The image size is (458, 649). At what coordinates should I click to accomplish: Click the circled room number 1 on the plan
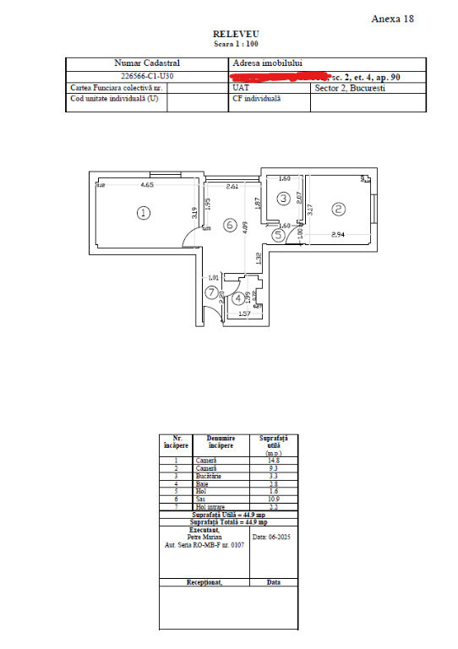coord(144,213)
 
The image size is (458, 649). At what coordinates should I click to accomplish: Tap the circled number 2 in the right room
coord(338,209)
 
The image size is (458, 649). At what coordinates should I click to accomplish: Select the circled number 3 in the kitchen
coord(284,199)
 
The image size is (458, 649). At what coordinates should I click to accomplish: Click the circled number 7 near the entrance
coord(211,292)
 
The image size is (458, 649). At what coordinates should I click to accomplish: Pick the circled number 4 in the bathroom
coord(238,297)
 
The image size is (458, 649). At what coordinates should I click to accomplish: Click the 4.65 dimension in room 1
coord(146,184)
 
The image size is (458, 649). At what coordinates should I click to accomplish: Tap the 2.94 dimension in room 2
coord(338,234)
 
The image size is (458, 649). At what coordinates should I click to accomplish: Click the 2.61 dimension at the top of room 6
coord(233,185)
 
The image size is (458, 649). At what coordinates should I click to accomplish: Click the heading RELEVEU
coord(228,35)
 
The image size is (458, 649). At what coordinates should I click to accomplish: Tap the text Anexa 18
coord(393,19)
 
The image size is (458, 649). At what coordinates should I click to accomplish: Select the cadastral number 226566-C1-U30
coord(147,75)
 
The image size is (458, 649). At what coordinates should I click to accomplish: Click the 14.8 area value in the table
coord(273,461)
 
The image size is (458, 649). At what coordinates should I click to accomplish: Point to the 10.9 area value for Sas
coord(273,499)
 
